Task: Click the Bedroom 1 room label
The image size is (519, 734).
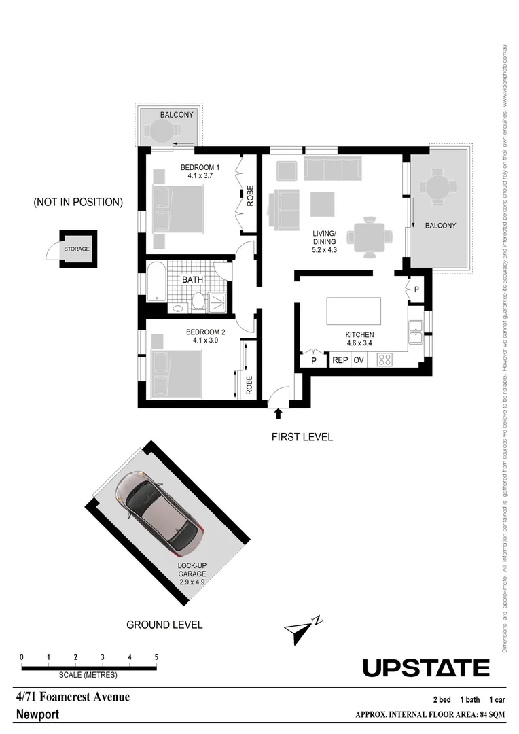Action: tap(199, 167)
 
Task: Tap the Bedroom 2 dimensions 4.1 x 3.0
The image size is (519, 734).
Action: tap(202, 340)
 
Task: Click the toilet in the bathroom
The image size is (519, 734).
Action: tap(198, 300)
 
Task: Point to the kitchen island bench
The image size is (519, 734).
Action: tap(354, 311)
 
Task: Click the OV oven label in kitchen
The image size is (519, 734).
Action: tap(359, 360)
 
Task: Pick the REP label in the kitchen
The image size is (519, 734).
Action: tap(340, 360)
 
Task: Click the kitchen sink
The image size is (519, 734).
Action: tap(415, 330)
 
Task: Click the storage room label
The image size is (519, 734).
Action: tap(77, 249)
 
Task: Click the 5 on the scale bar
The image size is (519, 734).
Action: tap(156, 657)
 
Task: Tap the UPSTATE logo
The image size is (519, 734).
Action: tap(425, 667)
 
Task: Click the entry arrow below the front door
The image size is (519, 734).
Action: tap(277, 413)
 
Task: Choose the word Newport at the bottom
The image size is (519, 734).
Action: tap(37, 715)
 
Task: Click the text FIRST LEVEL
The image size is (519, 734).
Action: tap(302, 437)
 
